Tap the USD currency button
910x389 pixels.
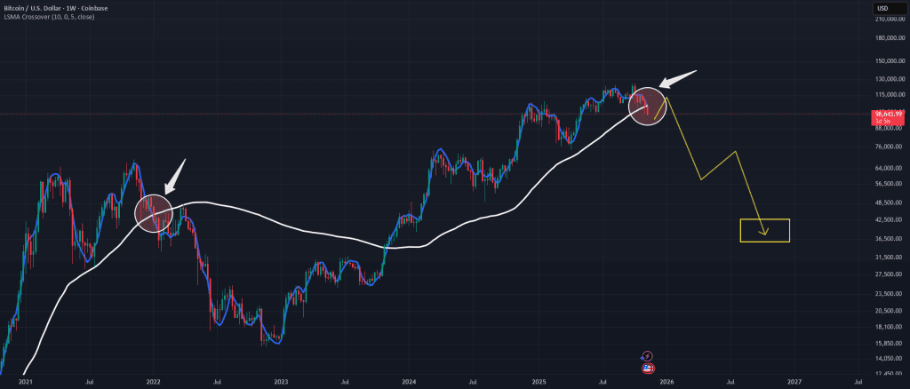[882, 8]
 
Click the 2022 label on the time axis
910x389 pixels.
[153, 382]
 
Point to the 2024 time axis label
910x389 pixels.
[409, 382]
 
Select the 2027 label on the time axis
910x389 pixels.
[794, 382]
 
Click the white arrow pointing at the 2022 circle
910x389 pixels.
[177, 175]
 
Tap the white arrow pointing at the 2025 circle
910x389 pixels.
[679, 78]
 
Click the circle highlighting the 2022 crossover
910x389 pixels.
[151, 210]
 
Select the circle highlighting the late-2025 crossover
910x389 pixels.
[646, 106]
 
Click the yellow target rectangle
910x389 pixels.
[764, 231]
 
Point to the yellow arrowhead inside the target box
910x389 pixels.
[764, 234]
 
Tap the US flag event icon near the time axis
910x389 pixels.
[647, 367]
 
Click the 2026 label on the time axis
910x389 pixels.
[666, 382]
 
